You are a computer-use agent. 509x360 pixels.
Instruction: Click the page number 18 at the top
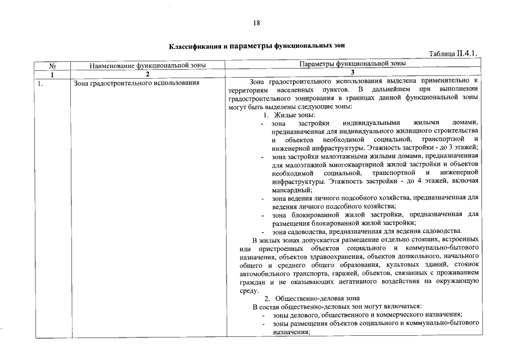[x=256, y=23]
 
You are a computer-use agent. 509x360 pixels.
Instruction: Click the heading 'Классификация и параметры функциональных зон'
[x=256, y=44]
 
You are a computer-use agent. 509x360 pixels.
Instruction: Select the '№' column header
[x=52, y=65]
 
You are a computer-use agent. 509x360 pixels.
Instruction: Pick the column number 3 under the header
[x=353, y=74]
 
